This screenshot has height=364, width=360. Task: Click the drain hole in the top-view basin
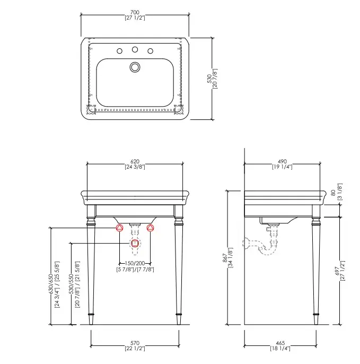pyautogui.click(x=135, y=67)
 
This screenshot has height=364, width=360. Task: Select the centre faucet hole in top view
pyautogui.click(x=135, y=49)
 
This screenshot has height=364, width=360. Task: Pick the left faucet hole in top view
pyautogui.click(x=119, y=51)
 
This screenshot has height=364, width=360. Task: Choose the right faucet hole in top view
pyautogui.click(x=151, y=51)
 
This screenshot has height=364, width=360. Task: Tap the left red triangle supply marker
pyautogui.click(x=119, y=228)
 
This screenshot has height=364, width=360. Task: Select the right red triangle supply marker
pyautogui.click(x=151, y=228)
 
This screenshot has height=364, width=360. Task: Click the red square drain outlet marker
pyautogui.click(x=135, y=243)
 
